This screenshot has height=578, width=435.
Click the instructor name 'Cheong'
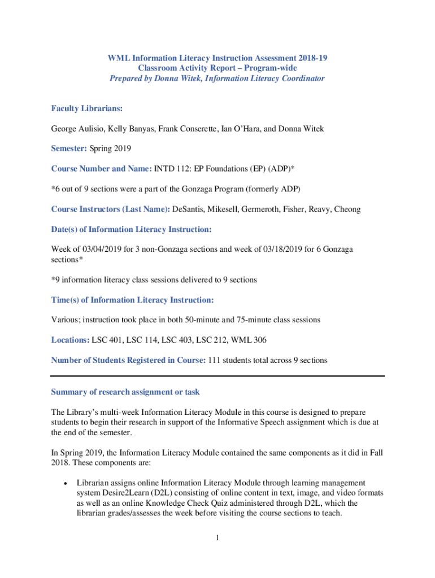pyautogui.click(x=348, y=209)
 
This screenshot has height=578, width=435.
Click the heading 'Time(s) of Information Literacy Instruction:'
pyautogui.click(x=132, y=300)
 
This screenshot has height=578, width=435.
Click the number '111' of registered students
pyautogui.click(x=215, y=360)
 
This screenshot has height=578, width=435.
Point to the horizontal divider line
pyautogui.click(x=217, y=375)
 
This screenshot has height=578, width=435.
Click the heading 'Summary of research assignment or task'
pyautogui.click(x=125, y=392)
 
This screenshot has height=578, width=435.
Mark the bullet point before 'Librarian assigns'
pyautogui.click(x=66, y=484)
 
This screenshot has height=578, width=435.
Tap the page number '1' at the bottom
pyautogui.click(x=217, y=538)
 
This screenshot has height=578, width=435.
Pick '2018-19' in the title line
pyautogui.click(x=312, y=58)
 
